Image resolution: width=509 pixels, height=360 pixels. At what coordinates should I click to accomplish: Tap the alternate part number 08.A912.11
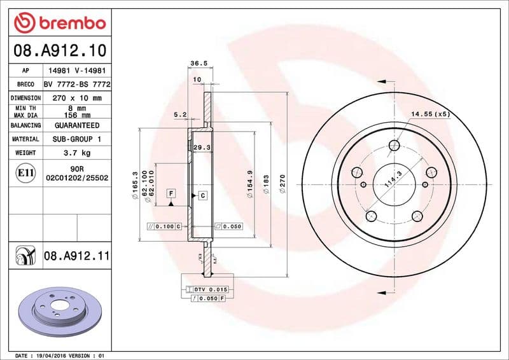click(x=77, y=256)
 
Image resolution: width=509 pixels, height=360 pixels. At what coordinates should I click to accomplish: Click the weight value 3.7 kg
click(x=77, y=153)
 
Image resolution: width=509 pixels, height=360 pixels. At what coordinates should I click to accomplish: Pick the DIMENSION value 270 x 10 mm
click(x=77, y=98)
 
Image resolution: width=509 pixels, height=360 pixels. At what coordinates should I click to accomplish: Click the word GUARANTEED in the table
click(x=77, y=125)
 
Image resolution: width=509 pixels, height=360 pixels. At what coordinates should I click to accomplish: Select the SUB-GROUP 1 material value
click(x=77, y=139)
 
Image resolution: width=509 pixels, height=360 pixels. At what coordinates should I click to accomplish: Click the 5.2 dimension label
click(x=179, y=114)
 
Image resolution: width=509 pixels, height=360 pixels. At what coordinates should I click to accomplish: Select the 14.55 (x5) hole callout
click(x=430, y=114)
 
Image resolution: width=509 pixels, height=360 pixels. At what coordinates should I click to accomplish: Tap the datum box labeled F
click(x=171, y=193)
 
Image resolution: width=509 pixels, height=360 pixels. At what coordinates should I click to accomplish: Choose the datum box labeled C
click(x=202, y=195)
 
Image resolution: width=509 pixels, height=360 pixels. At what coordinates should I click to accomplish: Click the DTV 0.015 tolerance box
click(x=208, y=289)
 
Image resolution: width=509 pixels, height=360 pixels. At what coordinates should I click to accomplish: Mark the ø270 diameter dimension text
click(x=282, y=188)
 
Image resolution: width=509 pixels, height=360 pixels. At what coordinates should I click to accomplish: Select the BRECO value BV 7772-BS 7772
click(x=77, y=85)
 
